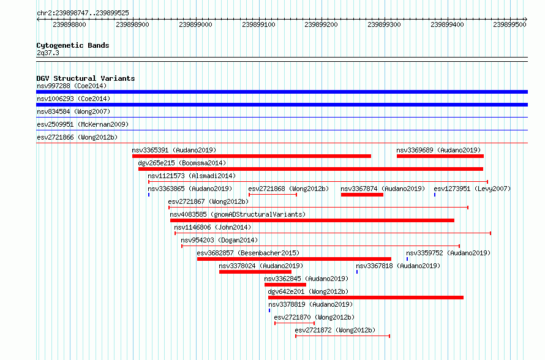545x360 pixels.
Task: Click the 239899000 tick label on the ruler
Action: [x=195, y=24]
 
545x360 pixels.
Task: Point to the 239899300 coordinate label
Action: [x=384, y=24]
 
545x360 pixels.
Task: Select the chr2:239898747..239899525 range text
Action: [x=83, y=13]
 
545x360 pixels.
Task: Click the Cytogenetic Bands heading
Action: [x=73, y=45]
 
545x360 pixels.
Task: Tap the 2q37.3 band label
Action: [x=48, y=53]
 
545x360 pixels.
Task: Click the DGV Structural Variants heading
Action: [x=86, y=78]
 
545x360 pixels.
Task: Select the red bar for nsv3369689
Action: [x=440, y=156]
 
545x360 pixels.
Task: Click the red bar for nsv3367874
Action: [x=362, y=195]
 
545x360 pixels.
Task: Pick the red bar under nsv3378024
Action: [x=255, y=272]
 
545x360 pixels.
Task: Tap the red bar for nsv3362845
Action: [x=285, y=285]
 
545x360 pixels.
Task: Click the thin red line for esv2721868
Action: [x=273, y=195]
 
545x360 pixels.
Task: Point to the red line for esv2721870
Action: [x=295, y=323]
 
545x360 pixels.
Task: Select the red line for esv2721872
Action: [x=343, y=336]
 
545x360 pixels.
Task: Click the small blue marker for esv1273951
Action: [x=435, y=195]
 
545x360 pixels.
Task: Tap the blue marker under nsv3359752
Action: [x=407, y=259]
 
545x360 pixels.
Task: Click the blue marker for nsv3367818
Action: [x=357, y=272]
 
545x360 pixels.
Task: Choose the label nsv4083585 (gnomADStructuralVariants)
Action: [x=238, y=214]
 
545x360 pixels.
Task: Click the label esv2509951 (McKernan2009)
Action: [x=83, y=124]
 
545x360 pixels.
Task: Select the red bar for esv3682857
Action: [x=294, y=259]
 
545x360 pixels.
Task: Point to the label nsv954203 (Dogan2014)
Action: [x=219, y=240]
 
